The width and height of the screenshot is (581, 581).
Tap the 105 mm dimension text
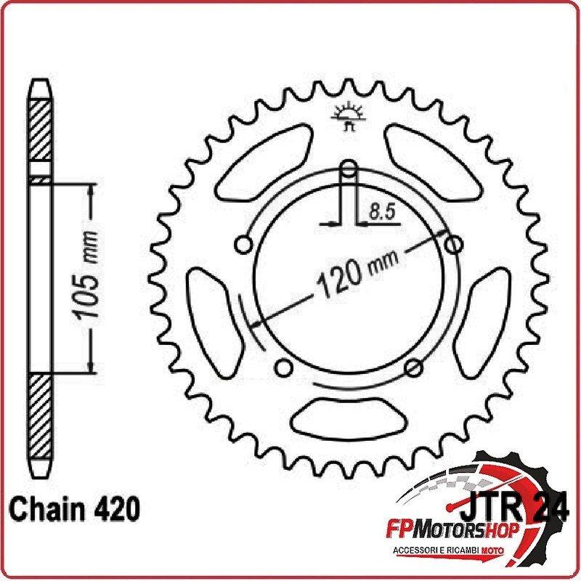point(86,275)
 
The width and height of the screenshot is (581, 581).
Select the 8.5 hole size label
point(382,212)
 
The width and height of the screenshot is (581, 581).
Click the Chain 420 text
point(75,509)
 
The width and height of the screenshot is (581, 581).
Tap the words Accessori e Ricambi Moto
point(448,550)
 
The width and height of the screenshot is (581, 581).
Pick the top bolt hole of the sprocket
point(349,168)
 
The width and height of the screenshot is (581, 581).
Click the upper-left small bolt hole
point(243,245)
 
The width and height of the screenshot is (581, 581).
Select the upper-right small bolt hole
point(453,245)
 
